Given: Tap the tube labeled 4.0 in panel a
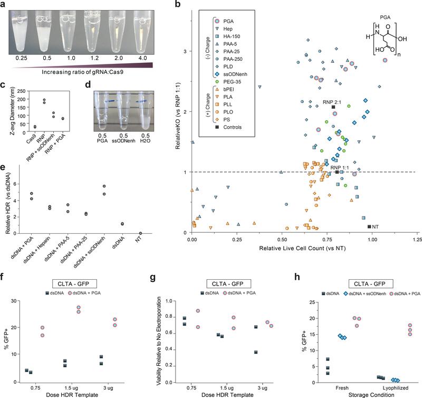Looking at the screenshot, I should [142, 29].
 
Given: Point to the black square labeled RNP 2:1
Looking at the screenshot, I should [333, 107].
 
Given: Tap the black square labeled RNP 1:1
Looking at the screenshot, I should [337, 172].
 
